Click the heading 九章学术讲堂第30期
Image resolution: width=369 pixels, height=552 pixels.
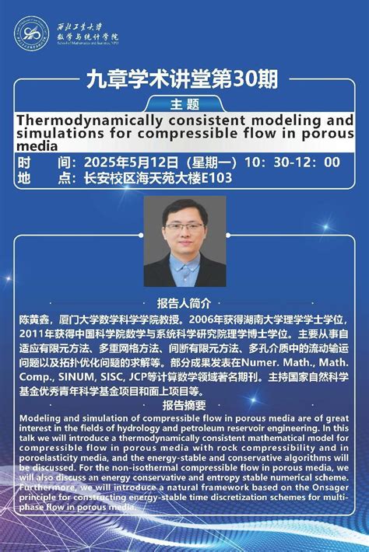[x=184, y=79]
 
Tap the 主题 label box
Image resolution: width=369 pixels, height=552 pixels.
[x=184, y=103]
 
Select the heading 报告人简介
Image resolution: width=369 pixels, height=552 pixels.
[x=184, y=303]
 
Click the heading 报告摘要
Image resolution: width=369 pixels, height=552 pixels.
[x=184, y=405]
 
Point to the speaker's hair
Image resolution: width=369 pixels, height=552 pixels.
[x=184, y=208]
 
